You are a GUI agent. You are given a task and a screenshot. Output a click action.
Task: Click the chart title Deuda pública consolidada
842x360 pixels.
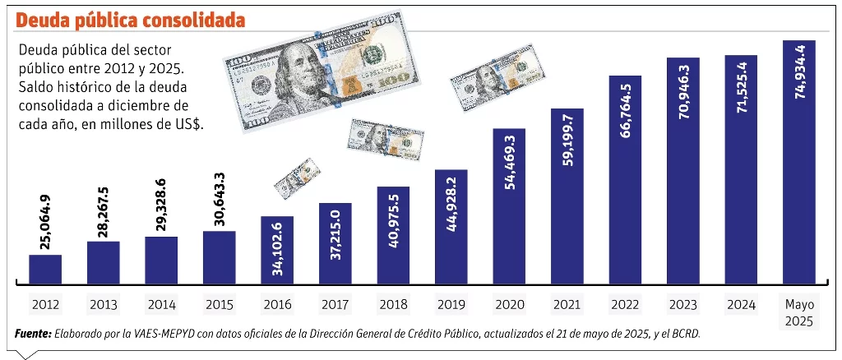point(129,18)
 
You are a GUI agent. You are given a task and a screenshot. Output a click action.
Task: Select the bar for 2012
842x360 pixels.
point(45,268)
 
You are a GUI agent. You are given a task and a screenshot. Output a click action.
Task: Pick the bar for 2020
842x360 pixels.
point(509,205)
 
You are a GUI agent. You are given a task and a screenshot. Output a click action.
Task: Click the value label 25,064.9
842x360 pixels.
point(46,223)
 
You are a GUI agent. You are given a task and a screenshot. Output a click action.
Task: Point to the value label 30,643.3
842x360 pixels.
point(220,200)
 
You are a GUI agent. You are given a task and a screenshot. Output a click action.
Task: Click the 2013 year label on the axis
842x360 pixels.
point(104,304)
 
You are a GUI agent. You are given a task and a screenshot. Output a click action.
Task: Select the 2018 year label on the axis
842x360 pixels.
point(393,304)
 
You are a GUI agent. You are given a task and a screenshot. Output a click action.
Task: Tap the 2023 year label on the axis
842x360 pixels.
point(683,304)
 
